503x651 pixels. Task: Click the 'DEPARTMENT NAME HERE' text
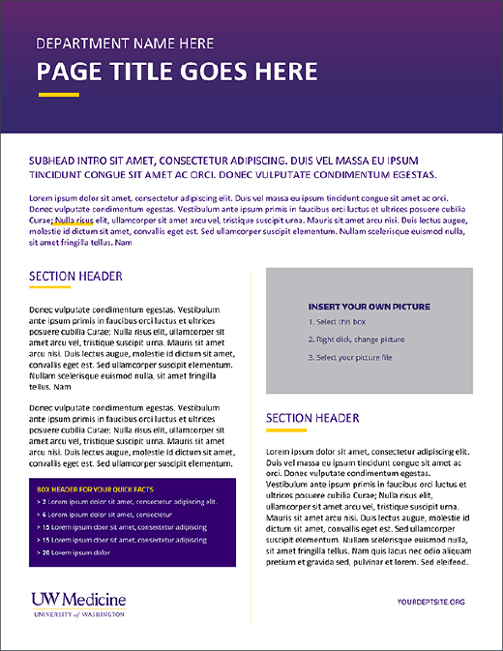(126, 44)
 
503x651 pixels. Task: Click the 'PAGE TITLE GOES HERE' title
(177, 72)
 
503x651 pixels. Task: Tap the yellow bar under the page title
(58, 95)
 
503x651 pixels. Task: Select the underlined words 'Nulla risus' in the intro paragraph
(74, 220)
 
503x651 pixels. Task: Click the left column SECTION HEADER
(75, 277)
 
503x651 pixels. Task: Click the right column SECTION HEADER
(312, 418)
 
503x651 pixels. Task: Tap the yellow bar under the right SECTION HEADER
(286, 429)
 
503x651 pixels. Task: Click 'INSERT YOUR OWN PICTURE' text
(369, 307)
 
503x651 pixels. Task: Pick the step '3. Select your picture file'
(350, 358)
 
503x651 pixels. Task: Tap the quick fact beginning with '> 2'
(127, 502)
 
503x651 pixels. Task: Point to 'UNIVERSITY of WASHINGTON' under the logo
(78, 614)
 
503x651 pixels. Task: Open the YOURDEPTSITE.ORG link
(430, 602)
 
